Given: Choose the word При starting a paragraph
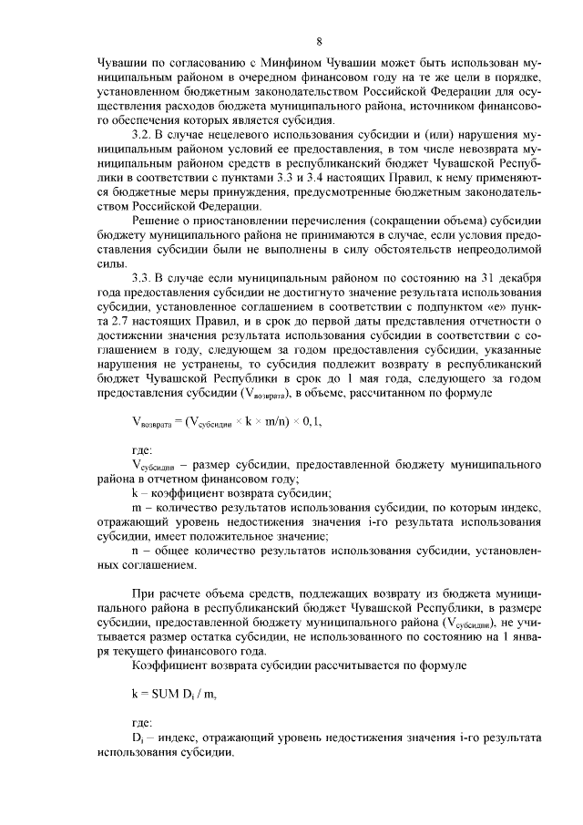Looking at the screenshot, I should click(x=144, y=596).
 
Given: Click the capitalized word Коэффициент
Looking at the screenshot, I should click(x=169, y=665).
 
